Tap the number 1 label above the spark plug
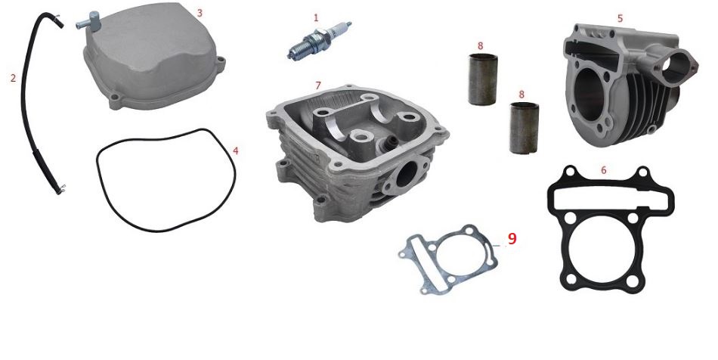pyautogui.click(x=315, y=18)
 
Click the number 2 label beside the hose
pyautogui.click(x=13, y=79)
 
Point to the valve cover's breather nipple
pyautogui.click(x=89, y=21)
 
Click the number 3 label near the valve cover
pyautogui.click(x=200, y=13)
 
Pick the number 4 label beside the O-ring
pyautogui.click(x=235, y=151)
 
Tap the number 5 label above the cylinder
pyautogui.click(x=620, y=18)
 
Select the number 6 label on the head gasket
pyautogui.click(x=604, y=170)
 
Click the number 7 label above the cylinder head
pyautogui.click(x=318, y=85)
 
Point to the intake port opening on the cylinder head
pyautogui.click(x=403, y=177)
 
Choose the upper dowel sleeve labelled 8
pyautogui.click(x=483, y=79)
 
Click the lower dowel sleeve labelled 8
pyautogui.click(x=524, y=128)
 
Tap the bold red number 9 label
pyautogui.click(x=512, y=238)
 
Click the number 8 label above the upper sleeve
pyautogui.click(x=480, y=46)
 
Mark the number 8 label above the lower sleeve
pyautogui.click(x=521, y=95)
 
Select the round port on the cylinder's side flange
pyautogui.click(x=675, y=68)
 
